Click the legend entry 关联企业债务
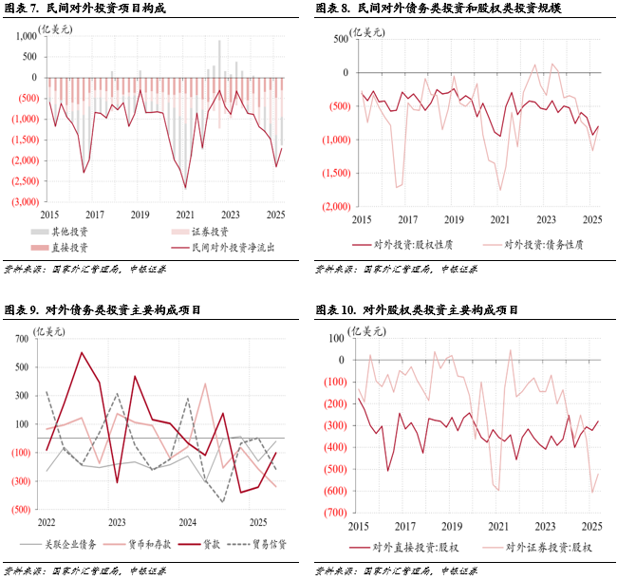72,546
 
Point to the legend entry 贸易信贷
265,546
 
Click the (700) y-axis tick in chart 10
333,513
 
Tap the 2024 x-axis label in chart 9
188,523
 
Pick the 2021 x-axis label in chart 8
498,219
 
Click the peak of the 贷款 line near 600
81,353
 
